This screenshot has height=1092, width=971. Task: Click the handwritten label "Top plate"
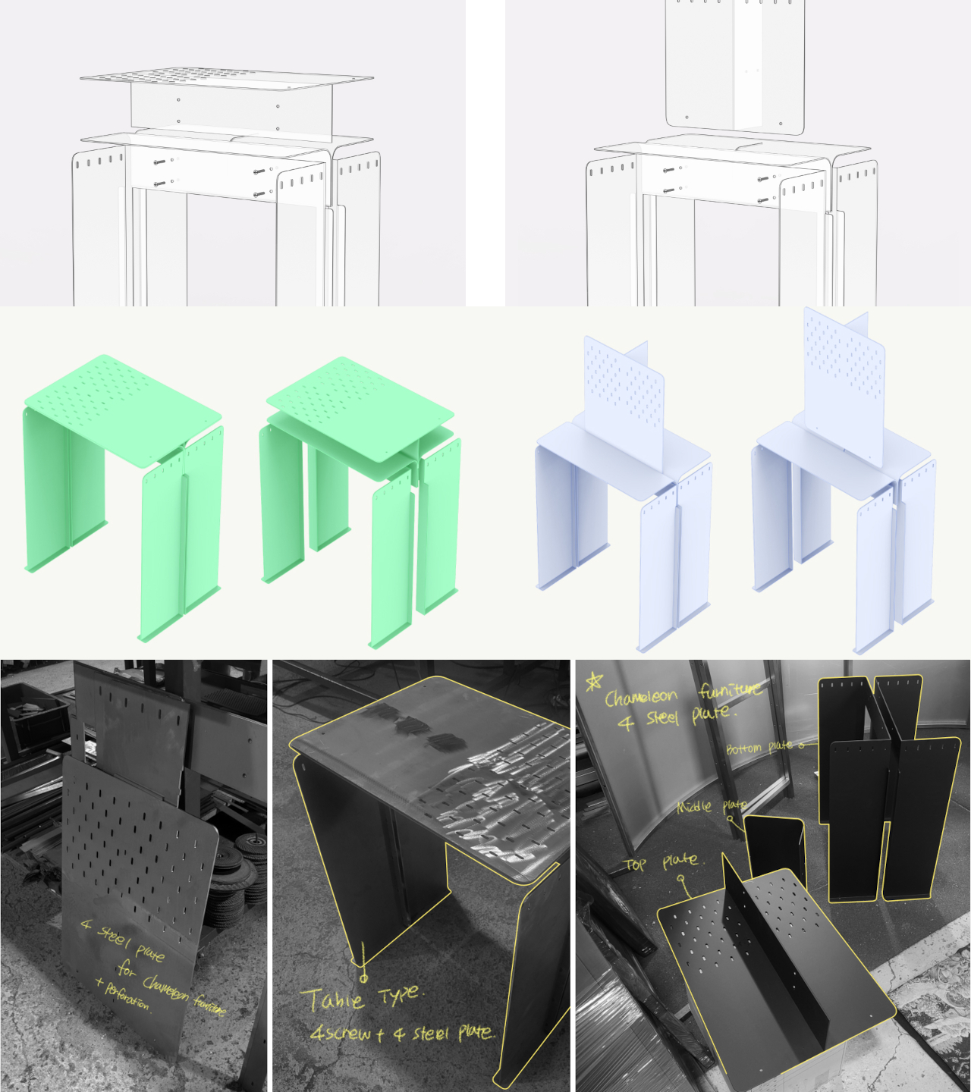point(660,862)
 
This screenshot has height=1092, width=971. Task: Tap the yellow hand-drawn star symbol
point(593,682)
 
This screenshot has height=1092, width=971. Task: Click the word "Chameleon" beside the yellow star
point(641,697)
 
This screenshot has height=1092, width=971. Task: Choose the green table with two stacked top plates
point(361,493)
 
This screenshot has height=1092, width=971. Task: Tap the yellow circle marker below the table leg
point(363,978)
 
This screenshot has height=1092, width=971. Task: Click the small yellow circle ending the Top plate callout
point(681,879)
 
